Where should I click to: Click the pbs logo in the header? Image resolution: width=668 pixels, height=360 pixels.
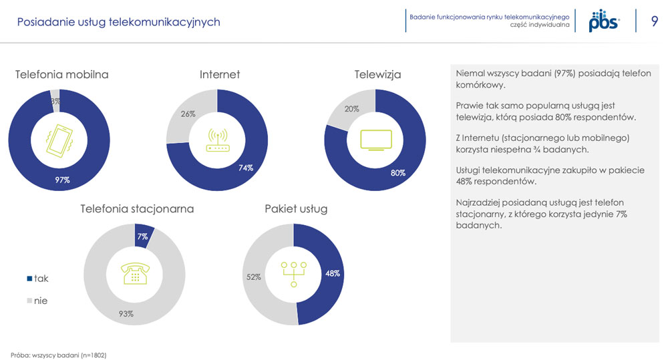point(604,21)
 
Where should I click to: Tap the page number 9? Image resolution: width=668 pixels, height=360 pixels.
point(655,21)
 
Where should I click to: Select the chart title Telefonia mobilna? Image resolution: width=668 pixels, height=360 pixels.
point(61,75)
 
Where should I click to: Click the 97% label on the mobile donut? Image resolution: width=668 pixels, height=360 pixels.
point(62,180)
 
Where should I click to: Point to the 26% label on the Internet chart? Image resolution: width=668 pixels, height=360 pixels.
point(188,114)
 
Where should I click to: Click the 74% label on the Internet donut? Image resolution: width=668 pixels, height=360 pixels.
point(245,168)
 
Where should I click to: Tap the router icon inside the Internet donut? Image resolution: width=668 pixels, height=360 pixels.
point(218,140)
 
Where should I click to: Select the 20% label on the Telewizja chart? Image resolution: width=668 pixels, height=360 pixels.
point(351,109)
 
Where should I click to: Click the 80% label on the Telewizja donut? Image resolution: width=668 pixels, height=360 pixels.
point(398,173)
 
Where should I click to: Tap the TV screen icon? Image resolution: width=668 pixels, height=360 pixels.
point(376,140)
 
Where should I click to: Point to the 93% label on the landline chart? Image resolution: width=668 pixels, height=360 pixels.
point(126,314)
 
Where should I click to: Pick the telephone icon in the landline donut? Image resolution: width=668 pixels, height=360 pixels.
point(135,273)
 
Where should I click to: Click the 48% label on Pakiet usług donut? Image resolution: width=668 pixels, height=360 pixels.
point(333,274)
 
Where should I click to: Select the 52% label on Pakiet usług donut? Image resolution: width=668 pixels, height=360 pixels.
point(253,277)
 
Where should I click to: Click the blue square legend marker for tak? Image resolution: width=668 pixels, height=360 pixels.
point(29,279)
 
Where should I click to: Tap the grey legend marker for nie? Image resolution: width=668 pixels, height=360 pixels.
point(29,301)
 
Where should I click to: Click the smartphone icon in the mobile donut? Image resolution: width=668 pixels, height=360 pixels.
point(59,141)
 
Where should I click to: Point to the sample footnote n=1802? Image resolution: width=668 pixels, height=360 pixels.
point(59,355)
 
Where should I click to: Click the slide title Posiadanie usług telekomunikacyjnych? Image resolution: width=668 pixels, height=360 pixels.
point(118,22)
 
